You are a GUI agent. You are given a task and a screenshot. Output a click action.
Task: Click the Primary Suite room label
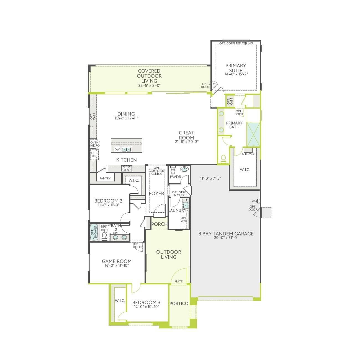point(236,68)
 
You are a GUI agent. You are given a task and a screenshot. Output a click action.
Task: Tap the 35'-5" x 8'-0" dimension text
point(150,86)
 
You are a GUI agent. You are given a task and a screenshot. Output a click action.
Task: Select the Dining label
point(126,114)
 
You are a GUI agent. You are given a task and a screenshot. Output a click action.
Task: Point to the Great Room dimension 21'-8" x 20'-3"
point(187,142)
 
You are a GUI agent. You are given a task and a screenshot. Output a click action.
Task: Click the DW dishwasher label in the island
point(117,149)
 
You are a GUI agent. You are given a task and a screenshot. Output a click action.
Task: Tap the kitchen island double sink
point(127,150)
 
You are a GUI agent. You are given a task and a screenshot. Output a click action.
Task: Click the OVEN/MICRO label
point(95,144)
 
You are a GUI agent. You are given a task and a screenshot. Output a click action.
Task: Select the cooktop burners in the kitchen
point(127,168)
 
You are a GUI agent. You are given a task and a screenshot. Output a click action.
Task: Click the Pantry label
point(105,178)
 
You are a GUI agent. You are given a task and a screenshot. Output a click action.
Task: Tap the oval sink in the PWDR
point(184,169)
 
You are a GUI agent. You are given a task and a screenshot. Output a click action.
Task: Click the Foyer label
point(156,193)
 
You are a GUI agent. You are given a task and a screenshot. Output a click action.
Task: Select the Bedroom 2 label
point(108,201)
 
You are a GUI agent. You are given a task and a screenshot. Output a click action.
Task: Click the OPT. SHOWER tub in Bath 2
point(94,232)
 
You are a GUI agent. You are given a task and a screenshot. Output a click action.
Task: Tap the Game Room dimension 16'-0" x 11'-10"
point(117,265)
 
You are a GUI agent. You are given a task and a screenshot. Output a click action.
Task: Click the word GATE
point(179,281)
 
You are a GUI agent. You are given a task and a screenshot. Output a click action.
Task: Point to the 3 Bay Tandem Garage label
point(226,234)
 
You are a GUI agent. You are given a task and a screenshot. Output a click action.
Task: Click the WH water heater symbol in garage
point(259,201)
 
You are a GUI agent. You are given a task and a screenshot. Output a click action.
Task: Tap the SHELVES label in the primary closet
point(248,154)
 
